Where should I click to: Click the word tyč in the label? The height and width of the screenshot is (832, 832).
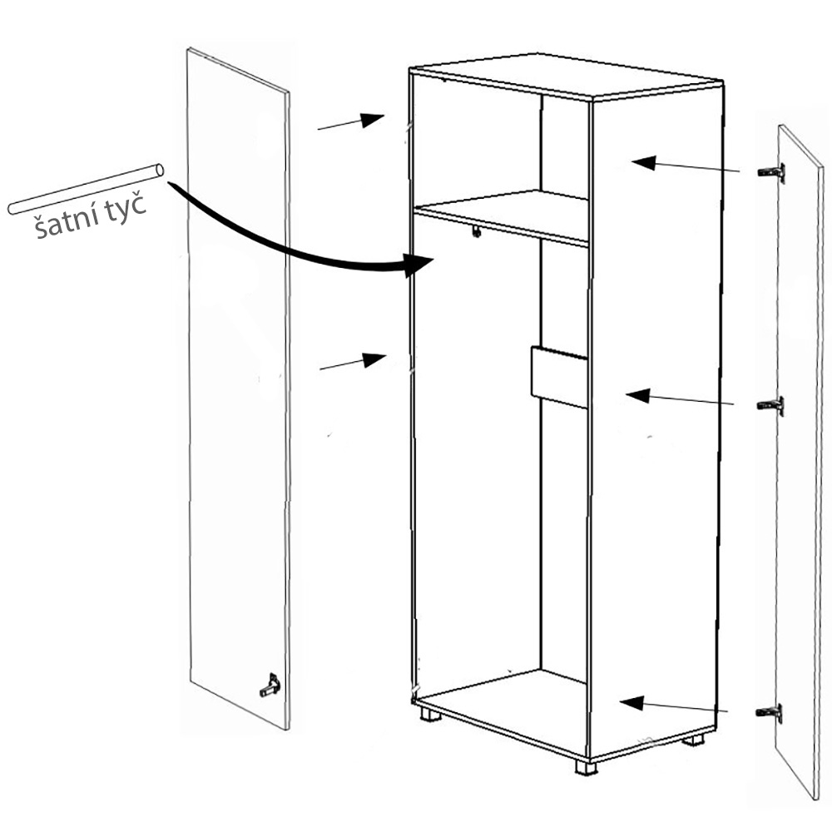(x=126, y=208)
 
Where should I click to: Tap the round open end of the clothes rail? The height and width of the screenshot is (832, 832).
(x=158, y=171)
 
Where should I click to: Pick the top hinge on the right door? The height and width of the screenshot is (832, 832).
(x=772, y=172)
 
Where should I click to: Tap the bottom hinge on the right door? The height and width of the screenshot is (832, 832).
(x=770, y=713)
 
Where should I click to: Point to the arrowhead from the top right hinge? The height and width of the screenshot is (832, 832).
(x=644, y=163)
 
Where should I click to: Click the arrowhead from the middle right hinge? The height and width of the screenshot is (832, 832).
(x=638, y=395)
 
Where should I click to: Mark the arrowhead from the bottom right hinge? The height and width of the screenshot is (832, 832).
(x=632, y=702)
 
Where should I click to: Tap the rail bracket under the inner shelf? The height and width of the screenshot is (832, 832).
(x=477, y=231)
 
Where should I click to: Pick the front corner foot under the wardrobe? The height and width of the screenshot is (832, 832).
(x=586, y=768)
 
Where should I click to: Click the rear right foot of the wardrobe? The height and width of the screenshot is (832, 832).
(x=693, y=740)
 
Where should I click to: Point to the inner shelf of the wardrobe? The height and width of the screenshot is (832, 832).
(x=502, y=218)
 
